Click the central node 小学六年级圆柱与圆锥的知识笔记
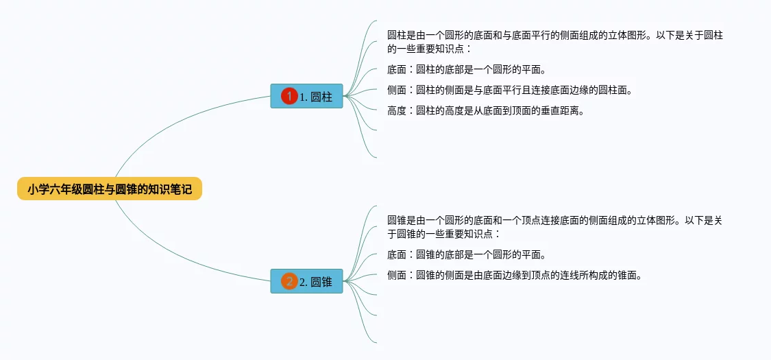tap(110, 189)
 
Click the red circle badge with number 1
tap(289, 97)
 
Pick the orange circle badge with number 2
tap(289, 281)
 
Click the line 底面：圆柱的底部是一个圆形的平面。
tap(466, 69)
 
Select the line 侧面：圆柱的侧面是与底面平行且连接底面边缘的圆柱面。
tap(509, 90)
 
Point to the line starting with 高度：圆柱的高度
tap(485, 110)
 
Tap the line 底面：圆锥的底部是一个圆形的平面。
tap(466, 255)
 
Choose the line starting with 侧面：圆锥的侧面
tap(514, 276)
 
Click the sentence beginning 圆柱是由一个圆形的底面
tap(555, 36)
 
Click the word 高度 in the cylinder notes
tap(397, 110)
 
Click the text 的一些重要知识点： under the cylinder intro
tap(430, 49)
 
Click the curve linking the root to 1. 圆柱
tap(171, 119)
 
